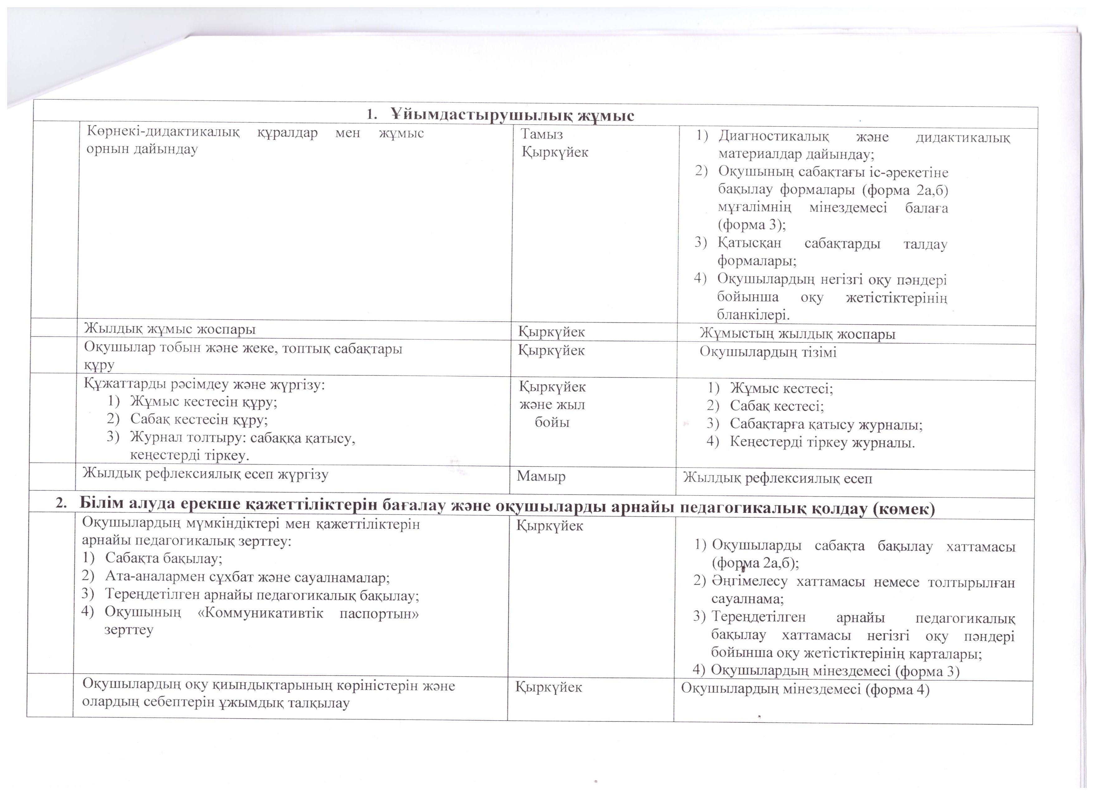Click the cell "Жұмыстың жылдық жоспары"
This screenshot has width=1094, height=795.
pyautogui.click(x=797, y=334)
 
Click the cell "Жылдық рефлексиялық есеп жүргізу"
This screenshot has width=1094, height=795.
pyautogui.click(x=205, y=474)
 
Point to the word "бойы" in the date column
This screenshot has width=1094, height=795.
pyautogui.click(x=552, y=423)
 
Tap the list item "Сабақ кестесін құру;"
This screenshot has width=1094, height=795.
pyautogui.click(x=199, y=419)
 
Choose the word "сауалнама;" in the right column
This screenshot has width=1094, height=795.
pyautogui.click(x=747, y=599)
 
